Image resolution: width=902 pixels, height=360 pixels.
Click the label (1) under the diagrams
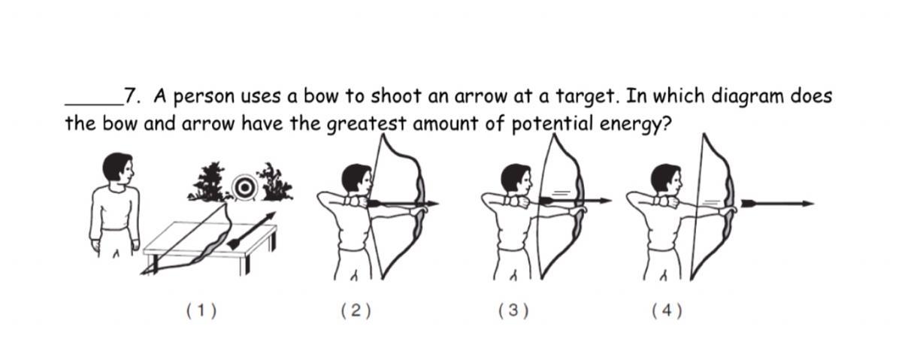201,311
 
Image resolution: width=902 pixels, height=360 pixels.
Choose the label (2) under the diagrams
356,311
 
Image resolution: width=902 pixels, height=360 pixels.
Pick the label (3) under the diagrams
513,311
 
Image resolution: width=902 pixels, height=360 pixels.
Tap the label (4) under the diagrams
667,311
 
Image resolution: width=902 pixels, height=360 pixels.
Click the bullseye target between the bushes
244,187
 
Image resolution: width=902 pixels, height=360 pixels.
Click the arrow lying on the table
252,231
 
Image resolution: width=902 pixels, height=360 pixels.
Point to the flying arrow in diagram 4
778,204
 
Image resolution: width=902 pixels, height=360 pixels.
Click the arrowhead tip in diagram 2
439,204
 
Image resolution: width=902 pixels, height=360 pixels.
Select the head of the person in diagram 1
118,167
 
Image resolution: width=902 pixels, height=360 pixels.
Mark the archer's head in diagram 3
516,179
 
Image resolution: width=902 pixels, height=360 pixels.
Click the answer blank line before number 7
94,104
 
